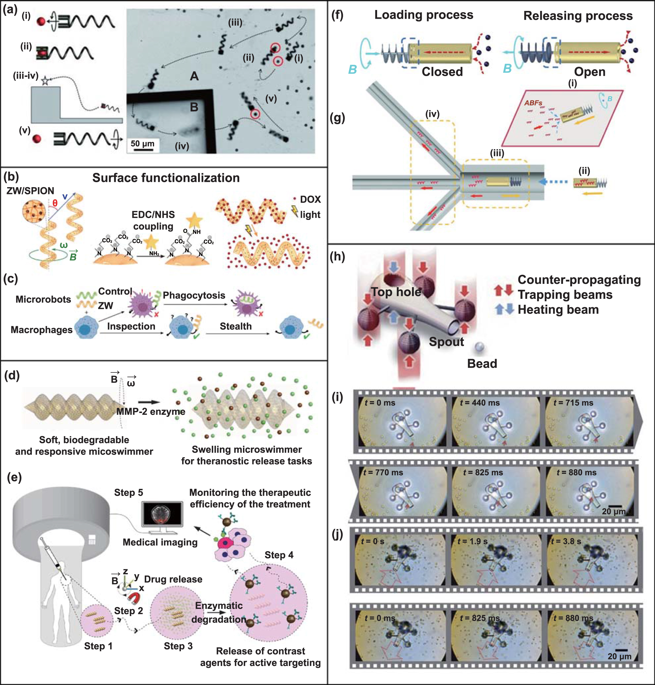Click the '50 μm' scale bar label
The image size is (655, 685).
click(143, 143)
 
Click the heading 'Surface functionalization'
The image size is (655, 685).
click(166, 178)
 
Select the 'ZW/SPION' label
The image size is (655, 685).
click(30, 191)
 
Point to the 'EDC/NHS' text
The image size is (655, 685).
click(153, 214)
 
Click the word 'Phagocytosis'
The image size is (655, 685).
click(194, 295)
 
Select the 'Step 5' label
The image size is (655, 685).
click(129, 492)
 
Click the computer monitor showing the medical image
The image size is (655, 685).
click(162, 515)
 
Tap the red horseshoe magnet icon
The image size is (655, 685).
click(134, 599)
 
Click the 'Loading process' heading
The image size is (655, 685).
click(424, 15)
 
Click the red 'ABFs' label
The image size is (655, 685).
click(533, 103)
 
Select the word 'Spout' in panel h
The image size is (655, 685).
click(446, 342)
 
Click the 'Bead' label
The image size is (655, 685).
click(482, 363)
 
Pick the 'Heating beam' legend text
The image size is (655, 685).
click(558, 309)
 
